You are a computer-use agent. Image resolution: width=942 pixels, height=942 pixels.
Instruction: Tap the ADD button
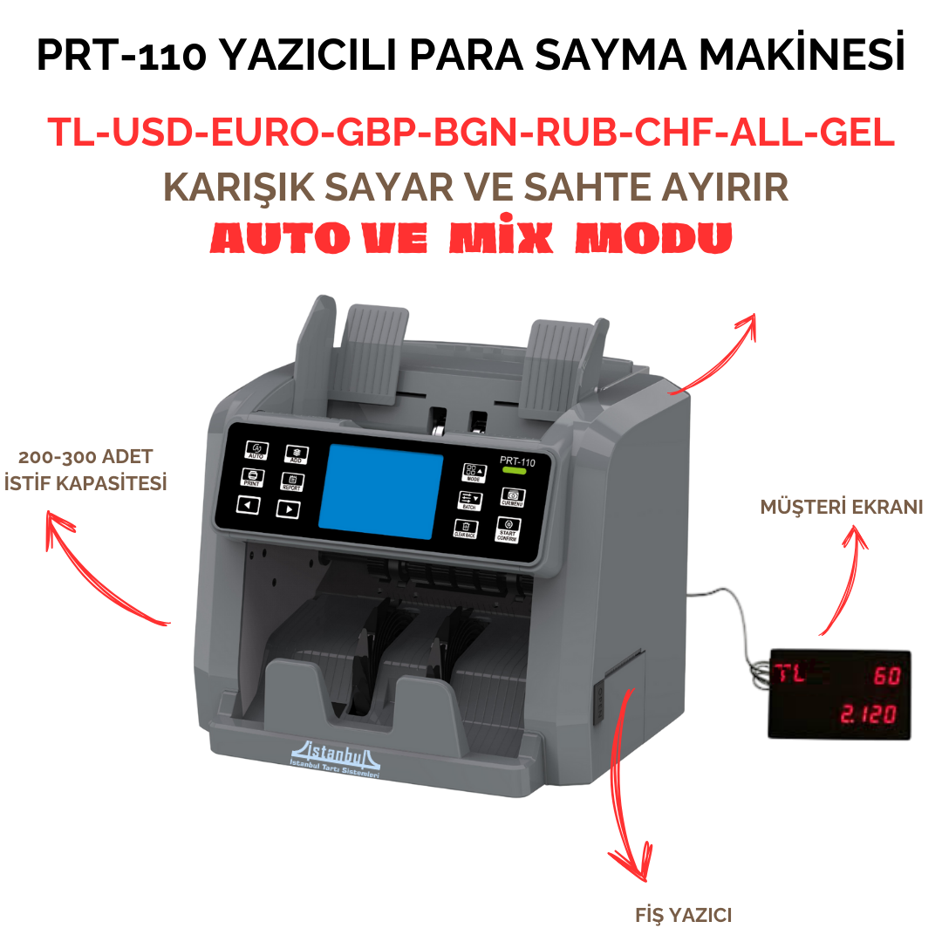[x=297, y=454]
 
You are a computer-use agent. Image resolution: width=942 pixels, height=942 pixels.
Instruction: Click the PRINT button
[x=251, y=478]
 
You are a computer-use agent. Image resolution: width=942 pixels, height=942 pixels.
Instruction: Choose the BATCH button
[x=469, y=501]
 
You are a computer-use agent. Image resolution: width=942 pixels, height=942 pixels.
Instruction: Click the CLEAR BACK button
[x=464, y=529]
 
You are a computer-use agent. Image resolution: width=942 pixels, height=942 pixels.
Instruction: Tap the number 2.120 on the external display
[x=867, y=715]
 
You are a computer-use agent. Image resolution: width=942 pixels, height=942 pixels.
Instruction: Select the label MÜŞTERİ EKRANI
[x=841, y=507]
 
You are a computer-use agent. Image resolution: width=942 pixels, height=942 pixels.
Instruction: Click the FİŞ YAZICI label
[x=683, y=915]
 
